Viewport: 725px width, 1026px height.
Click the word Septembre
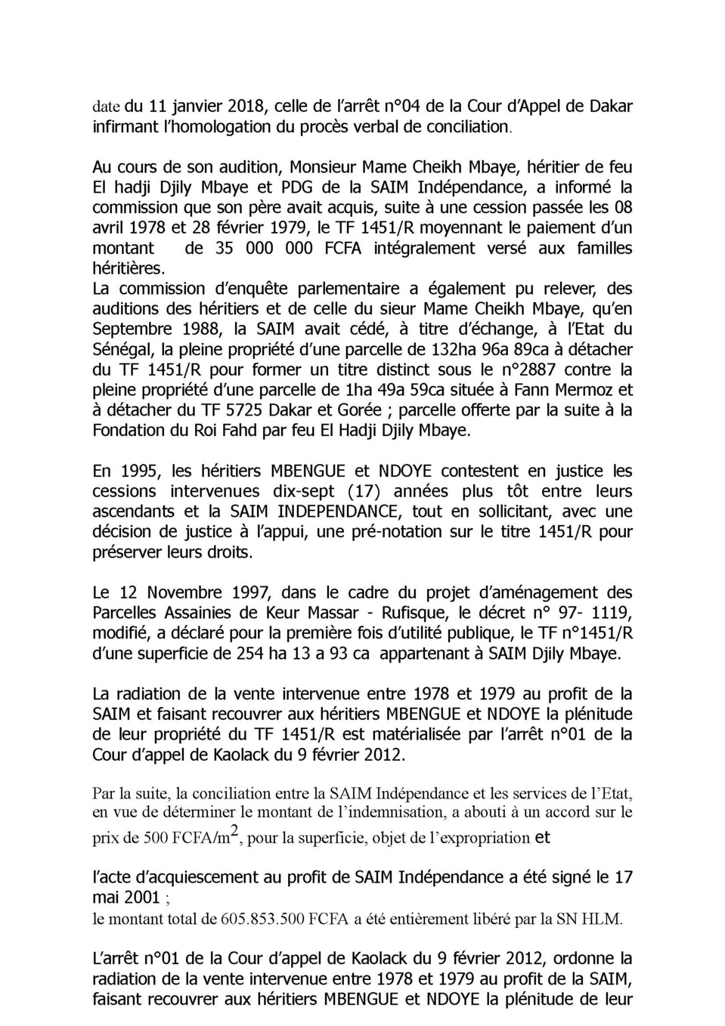(132, 329)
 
